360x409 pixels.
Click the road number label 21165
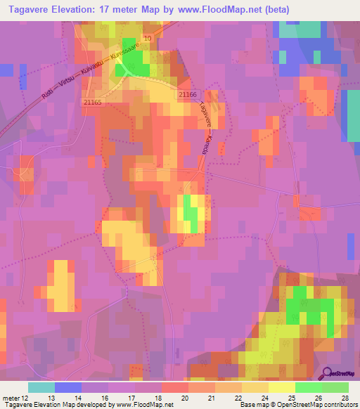(x=92, y=103)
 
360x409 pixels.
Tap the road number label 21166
(x=188, y=94)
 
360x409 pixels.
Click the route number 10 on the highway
(x=147, y=38)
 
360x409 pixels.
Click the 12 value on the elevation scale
(x=26, y=398)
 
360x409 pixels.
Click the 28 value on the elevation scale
(x=345, y=398)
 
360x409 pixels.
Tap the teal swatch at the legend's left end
(x=41, y=387)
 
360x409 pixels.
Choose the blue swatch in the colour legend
(x=68, y=387)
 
